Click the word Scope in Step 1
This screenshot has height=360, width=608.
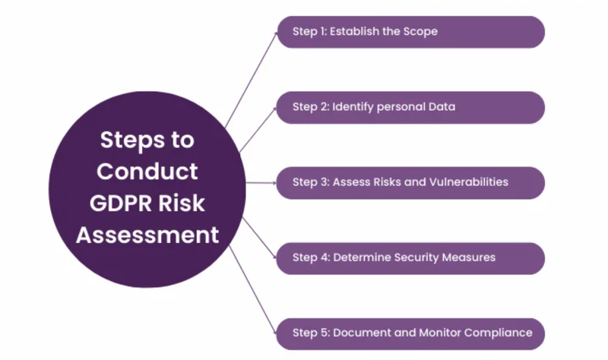tap(420, 32)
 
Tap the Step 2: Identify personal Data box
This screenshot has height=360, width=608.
tap(410, 107)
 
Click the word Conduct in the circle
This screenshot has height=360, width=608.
tap(147, 172)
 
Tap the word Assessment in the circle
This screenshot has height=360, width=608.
tap(147, 235)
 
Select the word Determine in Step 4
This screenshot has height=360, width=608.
tap(361, 257)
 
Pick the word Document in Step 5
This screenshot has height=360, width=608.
tap(361, 333)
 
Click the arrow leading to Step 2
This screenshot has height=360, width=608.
tap(258, 129)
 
